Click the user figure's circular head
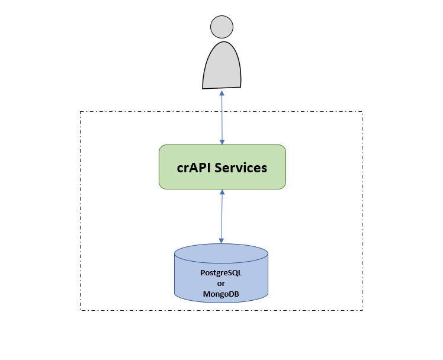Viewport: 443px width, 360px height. click(x=221, y=27)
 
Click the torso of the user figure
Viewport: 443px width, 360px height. click(x=222, y=66)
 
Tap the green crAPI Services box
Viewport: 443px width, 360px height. click(x=222, y=167)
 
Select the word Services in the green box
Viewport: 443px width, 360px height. click(x=240, y=168)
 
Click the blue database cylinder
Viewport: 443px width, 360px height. click(x=221, y=273)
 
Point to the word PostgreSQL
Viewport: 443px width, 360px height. click(x=221, y=273)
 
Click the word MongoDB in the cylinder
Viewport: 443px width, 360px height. click(x=221, y=294)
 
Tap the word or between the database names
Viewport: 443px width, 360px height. click(x=221, y=284)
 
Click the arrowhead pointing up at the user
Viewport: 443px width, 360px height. click(x=221, y=93)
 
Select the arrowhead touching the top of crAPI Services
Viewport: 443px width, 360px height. click(x=222, y=142)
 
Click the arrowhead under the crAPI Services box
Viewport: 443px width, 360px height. click(x=222, y=192)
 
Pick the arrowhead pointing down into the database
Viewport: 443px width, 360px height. click(x=221, y=241)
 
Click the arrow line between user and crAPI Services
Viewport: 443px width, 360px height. click(x=222, y=117)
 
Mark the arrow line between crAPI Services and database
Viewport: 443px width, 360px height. click(x=221, y=216)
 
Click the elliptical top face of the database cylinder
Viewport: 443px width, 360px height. click(x=221, y=253)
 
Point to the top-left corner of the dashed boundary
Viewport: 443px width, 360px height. click(x=80, y=112)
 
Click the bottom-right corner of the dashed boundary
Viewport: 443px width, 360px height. click(x=362, y=310)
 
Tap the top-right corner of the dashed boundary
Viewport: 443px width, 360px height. click(x=362, y=112)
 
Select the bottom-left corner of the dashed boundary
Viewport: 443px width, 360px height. click(x=80, y=310)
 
